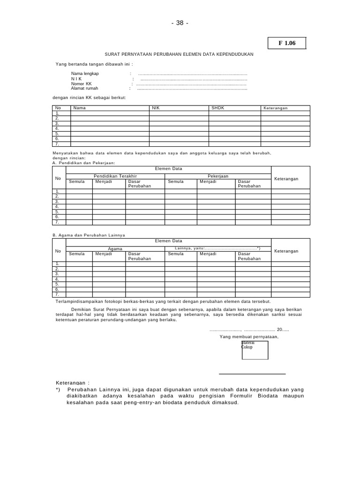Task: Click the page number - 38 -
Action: tap(180, 23)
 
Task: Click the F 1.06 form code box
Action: tap(287, 43)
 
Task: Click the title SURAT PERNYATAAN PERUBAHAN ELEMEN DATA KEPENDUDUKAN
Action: tap(179, 54)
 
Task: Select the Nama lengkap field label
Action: tap(85, 74)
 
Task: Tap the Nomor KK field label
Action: tap(82, 83)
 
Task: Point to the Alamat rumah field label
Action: tap(84, 88)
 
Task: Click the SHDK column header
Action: tap(218, 108)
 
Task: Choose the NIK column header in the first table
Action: tap(156, 108)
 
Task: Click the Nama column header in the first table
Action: tap(80, 108)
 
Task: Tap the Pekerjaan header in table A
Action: tap(217, 176)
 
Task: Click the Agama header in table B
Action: tap(115, 248)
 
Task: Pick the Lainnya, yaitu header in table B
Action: tap(217, 248)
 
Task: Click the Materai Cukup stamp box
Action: tap(255, 350)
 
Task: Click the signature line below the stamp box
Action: tap(252, 374)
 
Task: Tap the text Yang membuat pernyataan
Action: tap(249, 337)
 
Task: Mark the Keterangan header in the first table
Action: tap(275, 108)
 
